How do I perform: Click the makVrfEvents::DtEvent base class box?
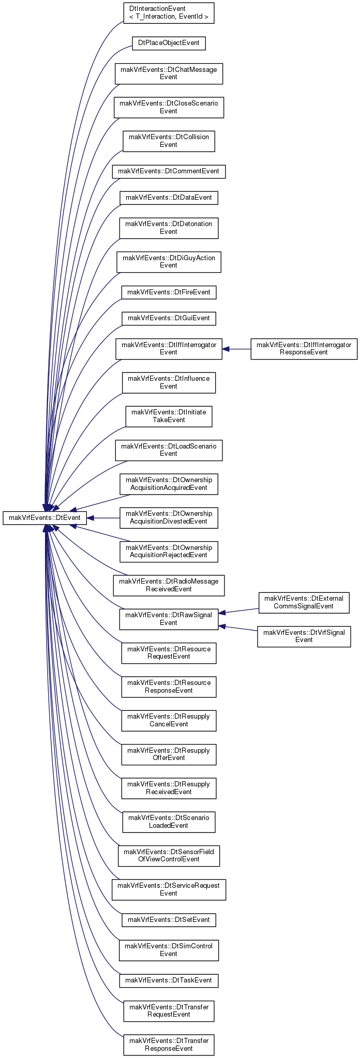pos(45,518)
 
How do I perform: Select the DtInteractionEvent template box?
pos(169,13)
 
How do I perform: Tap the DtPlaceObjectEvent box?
pos(169,43)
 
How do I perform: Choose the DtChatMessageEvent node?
pos(169,73)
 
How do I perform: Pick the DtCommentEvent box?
pos(169,171)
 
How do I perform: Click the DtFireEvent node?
pos(169,292)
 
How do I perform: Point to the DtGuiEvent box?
pos(169,318)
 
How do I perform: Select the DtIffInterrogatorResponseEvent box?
pos(304,349)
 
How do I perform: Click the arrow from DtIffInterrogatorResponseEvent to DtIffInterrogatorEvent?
pos(237,349)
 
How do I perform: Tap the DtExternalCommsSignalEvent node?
pos(304,603)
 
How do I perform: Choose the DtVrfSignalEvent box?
pos(304,636)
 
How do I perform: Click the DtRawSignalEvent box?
pos(169,619)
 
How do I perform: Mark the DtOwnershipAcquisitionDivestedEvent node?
pos(169,518)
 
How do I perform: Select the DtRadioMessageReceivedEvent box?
pos(169,585)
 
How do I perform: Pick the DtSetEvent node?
pos(169,919)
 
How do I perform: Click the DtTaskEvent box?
pos(169,980)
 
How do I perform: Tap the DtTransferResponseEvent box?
pos(169,1044)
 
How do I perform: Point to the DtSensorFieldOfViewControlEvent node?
pos(169,855)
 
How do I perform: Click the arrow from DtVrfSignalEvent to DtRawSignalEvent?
pos(238,628)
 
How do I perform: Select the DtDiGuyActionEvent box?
pos(169,262)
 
